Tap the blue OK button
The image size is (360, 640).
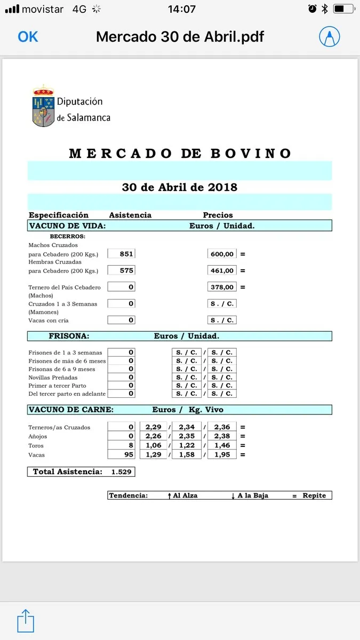[28, 36]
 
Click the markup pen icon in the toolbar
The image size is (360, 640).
[330, 36]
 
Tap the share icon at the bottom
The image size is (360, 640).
[26, 620]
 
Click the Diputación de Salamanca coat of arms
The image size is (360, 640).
[43, 106]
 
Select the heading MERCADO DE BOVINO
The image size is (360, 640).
[180, 154]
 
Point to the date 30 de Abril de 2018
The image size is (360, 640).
[180, 187]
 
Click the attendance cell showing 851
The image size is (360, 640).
[122, 254]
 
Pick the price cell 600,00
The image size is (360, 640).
[222, 254]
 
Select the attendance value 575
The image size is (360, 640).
[122, 270]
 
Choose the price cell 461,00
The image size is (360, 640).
[222, 270]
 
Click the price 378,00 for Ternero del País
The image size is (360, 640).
[222, 287]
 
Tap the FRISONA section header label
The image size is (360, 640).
[69, 337]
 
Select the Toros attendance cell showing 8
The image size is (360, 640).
[122, 445]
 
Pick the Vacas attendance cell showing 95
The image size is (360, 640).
[122, 455]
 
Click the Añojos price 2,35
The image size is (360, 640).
[187, 436]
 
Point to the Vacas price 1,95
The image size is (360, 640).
[222, 455]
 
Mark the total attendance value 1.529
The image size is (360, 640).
[121, 472]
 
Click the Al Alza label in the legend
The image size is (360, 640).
[185, 495]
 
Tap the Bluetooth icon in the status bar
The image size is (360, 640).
[325, 9]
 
